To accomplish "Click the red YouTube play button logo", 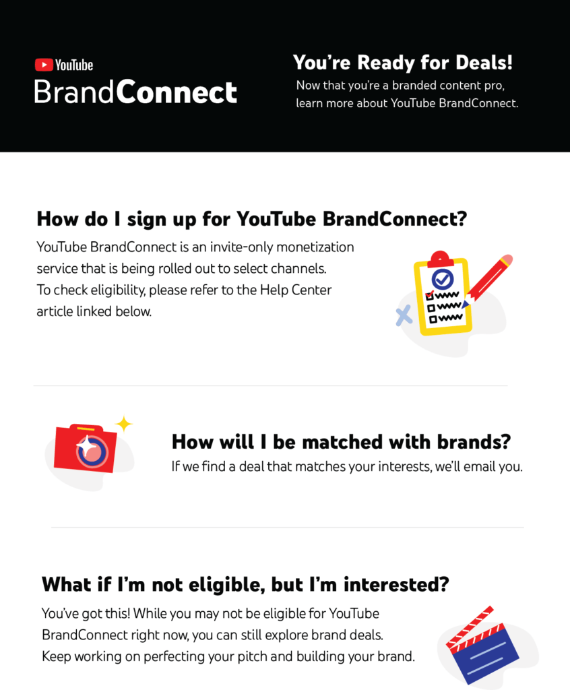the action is pyautogui.click(x=44, y=65).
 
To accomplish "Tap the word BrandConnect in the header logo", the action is pyautogui.click(x=135, y=92).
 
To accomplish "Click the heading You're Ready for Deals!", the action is pyautogui.click(x=403, y=63).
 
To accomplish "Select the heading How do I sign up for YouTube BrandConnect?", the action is pyautogui.click(x=251, y=219).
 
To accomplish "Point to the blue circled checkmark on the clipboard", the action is pyautogui.click(x=443, y=278).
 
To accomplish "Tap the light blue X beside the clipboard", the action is pyautogui.click(x=404, y=315).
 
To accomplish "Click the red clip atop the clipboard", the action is pyautogui.click(x=440, y=259).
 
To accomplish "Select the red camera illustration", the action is pyautogui.click(x=86, y=448).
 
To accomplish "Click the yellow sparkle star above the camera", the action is pyautogui.click(x=124, y=425).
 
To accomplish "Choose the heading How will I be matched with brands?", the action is pyautogui.click(x=341, y=442).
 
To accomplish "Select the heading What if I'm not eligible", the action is pyautogui.click(x=245, y=584).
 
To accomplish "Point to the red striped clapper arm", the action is pyautogui.click(x=470, y=627).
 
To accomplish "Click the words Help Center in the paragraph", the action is pyautogui.click(x=295, y=290).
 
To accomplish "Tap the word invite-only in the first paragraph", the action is pyautogui.click(x=241, y=247).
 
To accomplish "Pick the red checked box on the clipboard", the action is pyautogui.click(x=430, y=295).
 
